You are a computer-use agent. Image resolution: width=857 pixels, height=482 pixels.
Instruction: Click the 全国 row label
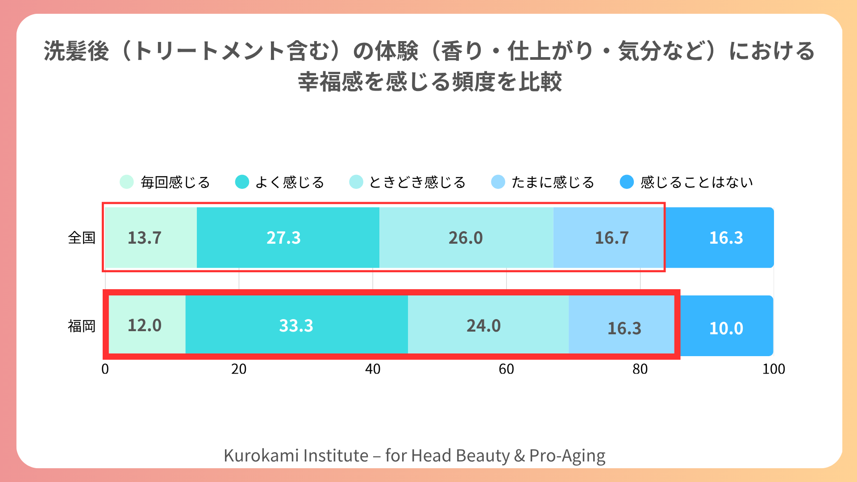[82, 237]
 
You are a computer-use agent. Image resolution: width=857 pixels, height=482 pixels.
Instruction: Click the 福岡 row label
[82, 326]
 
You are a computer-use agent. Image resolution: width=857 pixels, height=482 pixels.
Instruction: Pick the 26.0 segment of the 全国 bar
[466, 237]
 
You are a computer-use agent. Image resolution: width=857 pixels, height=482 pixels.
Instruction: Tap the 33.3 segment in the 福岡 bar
[296, 325]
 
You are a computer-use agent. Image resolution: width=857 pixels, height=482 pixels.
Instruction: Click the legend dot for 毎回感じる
[127, 182]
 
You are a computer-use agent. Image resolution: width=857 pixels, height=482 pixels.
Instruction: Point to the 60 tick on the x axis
[506, 369]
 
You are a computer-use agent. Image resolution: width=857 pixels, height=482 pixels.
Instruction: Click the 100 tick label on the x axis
[774, 369]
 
